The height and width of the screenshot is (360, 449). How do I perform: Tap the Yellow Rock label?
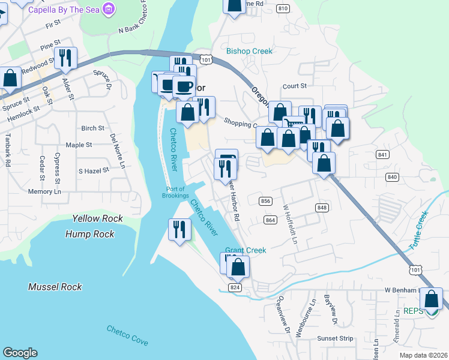97,219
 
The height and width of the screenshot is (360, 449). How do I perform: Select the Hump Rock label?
90,233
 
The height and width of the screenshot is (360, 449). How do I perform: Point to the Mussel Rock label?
55,287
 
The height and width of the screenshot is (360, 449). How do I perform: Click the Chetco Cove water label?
127,335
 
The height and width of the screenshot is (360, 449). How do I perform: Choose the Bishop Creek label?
249,51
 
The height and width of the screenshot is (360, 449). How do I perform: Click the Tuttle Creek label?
420,231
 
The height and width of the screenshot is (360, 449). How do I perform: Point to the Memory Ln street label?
44,192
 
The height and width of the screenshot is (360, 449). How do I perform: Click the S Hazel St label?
94,170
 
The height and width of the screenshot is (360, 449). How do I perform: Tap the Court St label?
295,86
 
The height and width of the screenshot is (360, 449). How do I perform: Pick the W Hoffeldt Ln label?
291,223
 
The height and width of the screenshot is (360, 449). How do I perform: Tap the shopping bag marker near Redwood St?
10,78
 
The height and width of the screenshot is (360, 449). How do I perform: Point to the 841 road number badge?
382,155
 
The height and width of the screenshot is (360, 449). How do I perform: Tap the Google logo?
20,353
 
